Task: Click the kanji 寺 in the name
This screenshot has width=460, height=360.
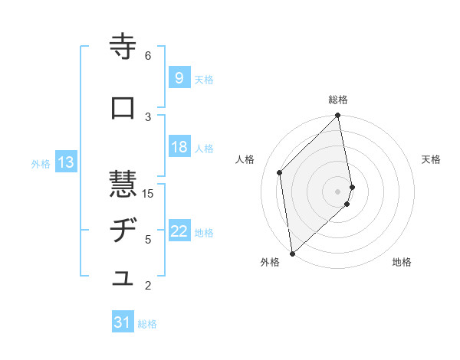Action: [123, 47]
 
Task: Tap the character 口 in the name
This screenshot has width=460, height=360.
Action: [123, 109]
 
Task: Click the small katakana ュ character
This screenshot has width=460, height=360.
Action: [123, 280]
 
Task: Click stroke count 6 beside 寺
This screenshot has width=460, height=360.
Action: [148, 55]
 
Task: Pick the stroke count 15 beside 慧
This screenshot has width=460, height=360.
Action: [148, 194]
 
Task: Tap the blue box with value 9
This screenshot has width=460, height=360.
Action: [179, 77]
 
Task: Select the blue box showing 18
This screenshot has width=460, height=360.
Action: [179, 147]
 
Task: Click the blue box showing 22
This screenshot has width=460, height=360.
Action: [179, 232]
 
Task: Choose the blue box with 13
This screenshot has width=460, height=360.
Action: [65, 162]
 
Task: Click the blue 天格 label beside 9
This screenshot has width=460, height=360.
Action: [204, 79]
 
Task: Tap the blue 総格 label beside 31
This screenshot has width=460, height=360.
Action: [147, 324]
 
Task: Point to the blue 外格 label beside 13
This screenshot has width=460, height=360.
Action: [41, 163]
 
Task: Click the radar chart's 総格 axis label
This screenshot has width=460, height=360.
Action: [338, 100]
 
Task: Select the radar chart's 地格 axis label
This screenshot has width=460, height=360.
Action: [402, 262]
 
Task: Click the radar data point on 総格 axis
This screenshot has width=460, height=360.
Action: [337, 116]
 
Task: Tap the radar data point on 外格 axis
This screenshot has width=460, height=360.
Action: [292, 254]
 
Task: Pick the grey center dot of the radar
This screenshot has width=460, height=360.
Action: [337, 191]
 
